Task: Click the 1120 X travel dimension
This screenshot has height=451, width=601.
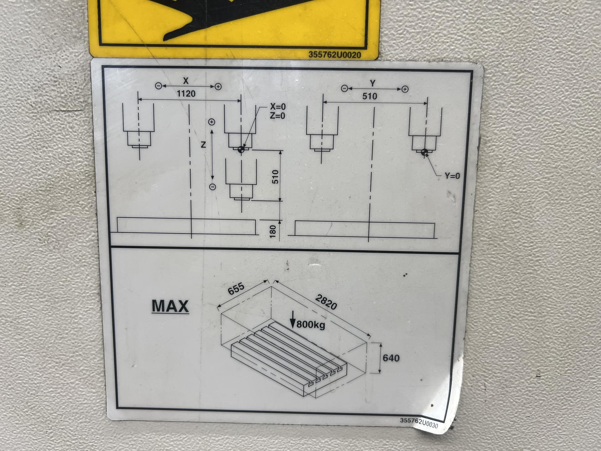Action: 186,94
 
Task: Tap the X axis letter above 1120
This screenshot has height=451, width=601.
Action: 186,81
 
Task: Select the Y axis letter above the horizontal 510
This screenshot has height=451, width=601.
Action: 372,83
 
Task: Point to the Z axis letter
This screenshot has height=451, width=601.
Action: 203,145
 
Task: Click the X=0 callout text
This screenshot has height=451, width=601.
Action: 278,107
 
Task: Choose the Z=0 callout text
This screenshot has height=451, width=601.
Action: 278,116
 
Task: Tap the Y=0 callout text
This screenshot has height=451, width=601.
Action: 452,176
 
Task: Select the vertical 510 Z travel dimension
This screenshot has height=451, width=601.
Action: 275,177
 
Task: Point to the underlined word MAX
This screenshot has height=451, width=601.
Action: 170,306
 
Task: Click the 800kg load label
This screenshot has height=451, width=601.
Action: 311,324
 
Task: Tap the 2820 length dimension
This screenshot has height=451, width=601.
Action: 326,302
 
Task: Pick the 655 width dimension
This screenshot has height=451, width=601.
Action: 236,289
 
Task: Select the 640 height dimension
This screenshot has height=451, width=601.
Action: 391,358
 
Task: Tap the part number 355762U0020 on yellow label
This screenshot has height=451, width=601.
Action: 335,55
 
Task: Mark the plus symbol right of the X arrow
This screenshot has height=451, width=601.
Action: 218,87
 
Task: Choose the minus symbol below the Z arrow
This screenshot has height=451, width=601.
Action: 213,187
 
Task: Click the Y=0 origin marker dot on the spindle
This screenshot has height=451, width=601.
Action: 424,153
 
